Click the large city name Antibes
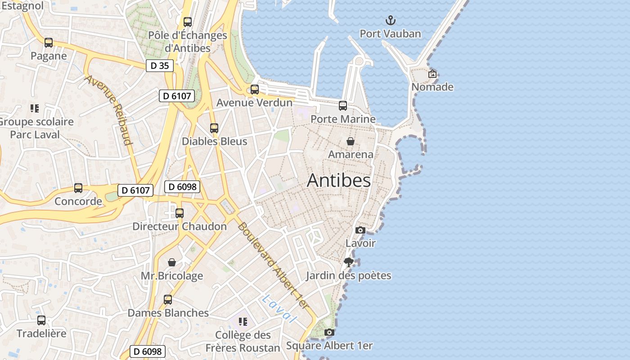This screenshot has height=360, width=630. pyautogui.click(x=339, y=180)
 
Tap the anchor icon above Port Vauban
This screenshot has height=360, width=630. pyautogui.click(x=391, y=20)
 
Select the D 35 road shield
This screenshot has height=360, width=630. pyautogui.click(x=159, y=66)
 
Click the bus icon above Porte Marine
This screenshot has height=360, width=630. pyautogui.click(x=343, y=106)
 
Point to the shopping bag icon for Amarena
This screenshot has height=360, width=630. pyautogui.click(x=351, y=141)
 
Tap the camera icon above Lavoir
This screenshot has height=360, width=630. pyautogui.click(x=360, y=230)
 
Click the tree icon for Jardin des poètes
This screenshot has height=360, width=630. pyautogui.click(x=348, y=262)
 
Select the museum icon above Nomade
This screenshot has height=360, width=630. pyautogui.click(x=432, y=74)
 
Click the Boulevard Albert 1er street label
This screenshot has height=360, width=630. pyautogui.click(x=274, y=265)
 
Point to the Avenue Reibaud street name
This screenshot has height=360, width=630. pyautogui.click(x=109, y=110)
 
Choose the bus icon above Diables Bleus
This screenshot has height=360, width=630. pyautogui.click(x=214, y=128)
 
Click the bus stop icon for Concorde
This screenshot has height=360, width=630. pyautogui.click(x=78, y=188)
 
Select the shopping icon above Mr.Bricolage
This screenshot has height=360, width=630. pyautogui.click(x=172, y=262)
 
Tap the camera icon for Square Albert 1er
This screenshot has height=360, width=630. pyautogui.click(x=329, y=333)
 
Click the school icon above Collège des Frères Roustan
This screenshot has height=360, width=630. pyautogui.click(x=243, y=322)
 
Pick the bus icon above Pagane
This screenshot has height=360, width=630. pyautogui.click(x=49, y=43)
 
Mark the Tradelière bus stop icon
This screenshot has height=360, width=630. pyautogui.click(x=41, y=320)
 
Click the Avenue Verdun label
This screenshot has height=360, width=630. pyautogui.click(x=254, y=103)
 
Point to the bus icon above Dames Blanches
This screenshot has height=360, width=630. pyautogui.click(x=168, y=300)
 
